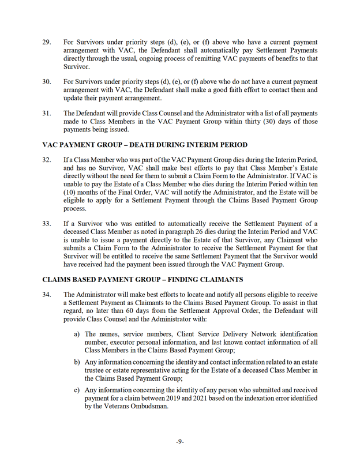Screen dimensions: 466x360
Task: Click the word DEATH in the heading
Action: [149, 144]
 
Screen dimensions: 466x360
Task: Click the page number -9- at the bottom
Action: [180, 441]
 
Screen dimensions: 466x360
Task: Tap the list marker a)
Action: [76, 334]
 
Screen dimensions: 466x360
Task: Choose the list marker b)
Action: [76, 362]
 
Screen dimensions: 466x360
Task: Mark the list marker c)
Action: [76, 389]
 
